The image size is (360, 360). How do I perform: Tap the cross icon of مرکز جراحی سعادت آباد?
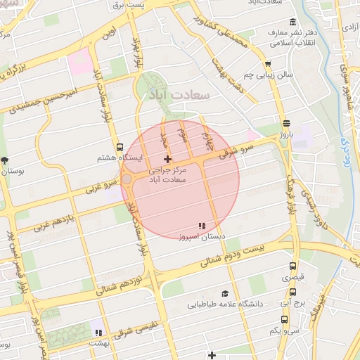pyautogui.click(x=167, y=160)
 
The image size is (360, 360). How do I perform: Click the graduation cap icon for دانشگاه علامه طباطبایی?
pyautogui.click(x=225, y=293)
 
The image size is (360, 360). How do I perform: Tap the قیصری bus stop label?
pyautogui.click(x=293, y=278)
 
